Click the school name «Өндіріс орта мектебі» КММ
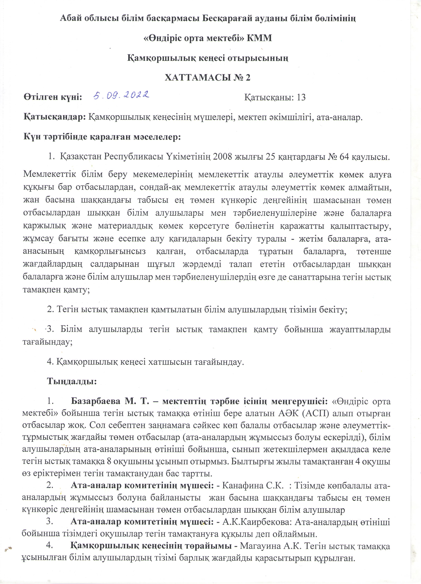pos(208,38)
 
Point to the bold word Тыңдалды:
pos(72,381)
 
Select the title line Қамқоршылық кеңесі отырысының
pos(208,58)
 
